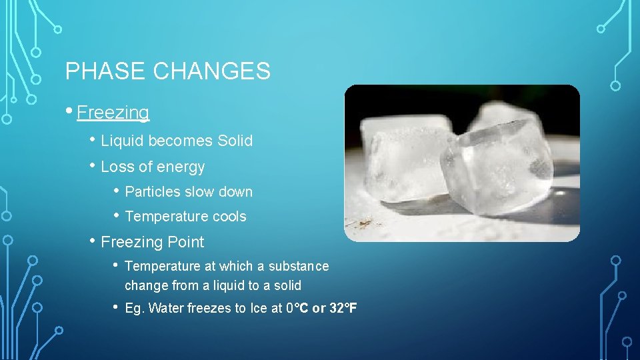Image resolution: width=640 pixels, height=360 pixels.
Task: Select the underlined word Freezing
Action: (113, 113)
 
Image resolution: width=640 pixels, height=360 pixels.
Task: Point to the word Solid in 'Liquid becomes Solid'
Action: (235, 141)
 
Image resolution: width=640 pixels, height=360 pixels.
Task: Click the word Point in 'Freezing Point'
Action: (186, 242)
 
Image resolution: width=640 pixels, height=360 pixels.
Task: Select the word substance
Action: (299, 266)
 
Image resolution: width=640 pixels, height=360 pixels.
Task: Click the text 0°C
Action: (297, 308)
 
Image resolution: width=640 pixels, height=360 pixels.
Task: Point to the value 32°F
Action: (343, 308)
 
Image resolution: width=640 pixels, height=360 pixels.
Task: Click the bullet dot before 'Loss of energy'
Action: (94, 166)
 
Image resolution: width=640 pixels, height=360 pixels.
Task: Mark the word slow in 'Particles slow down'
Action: (200, 192)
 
